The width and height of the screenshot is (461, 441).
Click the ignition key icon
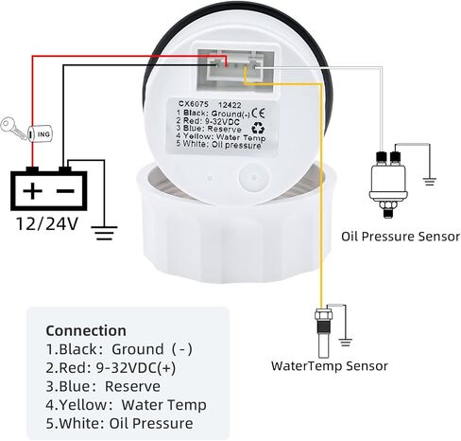(x=13, y=129)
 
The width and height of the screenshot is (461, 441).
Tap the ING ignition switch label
(x=43, y=134)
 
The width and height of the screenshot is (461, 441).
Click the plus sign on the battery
(x=32, y=190)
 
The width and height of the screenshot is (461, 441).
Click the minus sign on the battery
(x=65, y=190)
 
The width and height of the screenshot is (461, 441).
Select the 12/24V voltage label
(x=47, y=223)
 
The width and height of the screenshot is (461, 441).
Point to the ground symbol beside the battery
(x=104, y=233)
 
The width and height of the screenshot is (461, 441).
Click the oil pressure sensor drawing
(x=388, y=184)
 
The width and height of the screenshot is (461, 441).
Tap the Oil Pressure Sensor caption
(x=401, y=237)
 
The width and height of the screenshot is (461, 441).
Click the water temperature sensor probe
(x=323, y=333)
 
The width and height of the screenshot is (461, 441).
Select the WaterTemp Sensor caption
(x=330, y=366)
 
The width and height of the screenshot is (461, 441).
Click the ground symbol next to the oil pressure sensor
(x=429, y=182)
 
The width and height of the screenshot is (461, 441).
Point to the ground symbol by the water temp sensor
(x=346, y=342)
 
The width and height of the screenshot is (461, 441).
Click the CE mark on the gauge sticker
(x=259, y=113)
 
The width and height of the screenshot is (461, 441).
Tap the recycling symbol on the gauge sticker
(x=258, y=128)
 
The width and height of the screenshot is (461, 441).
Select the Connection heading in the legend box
(x=86, y=330)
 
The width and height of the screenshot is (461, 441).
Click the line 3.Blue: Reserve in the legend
(x=103, y=386)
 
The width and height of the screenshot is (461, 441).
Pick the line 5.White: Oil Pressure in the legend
(x=119, y=423)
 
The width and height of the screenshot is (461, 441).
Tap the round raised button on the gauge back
(x=254, y=178)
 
